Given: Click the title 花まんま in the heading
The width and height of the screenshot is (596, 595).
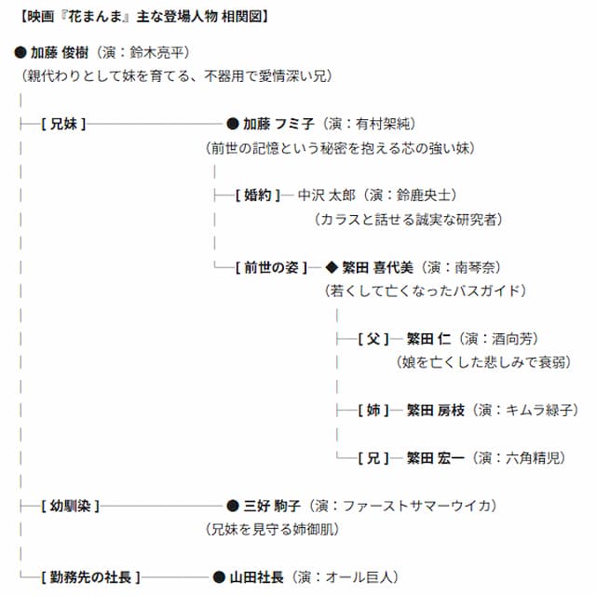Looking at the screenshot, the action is coord(95,17).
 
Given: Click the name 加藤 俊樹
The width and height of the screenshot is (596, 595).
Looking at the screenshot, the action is coord(60,52).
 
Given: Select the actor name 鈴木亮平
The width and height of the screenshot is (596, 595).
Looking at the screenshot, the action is coord(156,52).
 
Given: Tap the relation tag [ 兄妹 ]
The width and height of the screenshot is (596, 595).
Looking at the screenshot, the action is coord(63,124).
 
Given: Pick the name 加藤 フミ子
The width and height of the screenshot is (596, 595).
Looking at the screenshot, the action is coord(278,124).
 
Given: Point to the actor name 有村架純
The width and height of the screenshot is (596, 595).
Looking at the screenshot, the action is coord(383,124).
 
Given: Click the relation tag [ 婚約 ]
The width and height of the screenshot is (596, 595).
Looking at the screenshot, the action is coord(258,196).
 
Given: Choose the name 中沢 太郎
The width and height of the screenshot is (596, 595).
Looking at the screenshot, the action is coord(327,196).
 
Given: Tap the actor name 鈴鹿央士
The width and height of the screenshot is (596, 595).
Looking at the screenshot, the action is coord(424,196).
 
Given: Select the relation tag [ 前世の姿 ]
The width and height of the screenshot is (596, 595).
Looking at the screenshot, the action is coord(271,267).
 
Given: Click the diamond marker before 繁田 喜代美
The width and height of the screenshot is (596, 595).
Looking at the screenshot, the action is coord(332,267).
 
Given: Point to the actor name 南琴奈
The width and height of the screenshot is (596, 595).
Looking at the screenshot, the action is coord(475,267).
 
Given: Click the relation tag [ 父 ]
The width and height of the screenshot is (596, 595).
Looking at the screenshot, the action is coord(373,339).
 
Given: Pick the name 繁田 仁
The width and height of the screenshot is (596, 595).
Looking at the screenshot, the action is coord(428,339).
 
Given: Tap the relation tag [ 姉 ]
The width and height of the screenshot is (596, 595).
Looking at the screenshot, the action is coord(373,411).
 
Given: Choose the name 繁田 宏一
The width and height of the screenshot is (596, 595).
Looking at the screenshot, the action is coord(436,458).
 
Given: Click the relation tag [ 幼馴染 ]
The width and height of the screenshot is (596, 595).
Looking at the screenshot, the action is coord(71,507).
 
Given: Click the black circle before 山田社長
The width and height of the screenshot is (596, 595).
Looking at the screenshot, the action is coord(220,577).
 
